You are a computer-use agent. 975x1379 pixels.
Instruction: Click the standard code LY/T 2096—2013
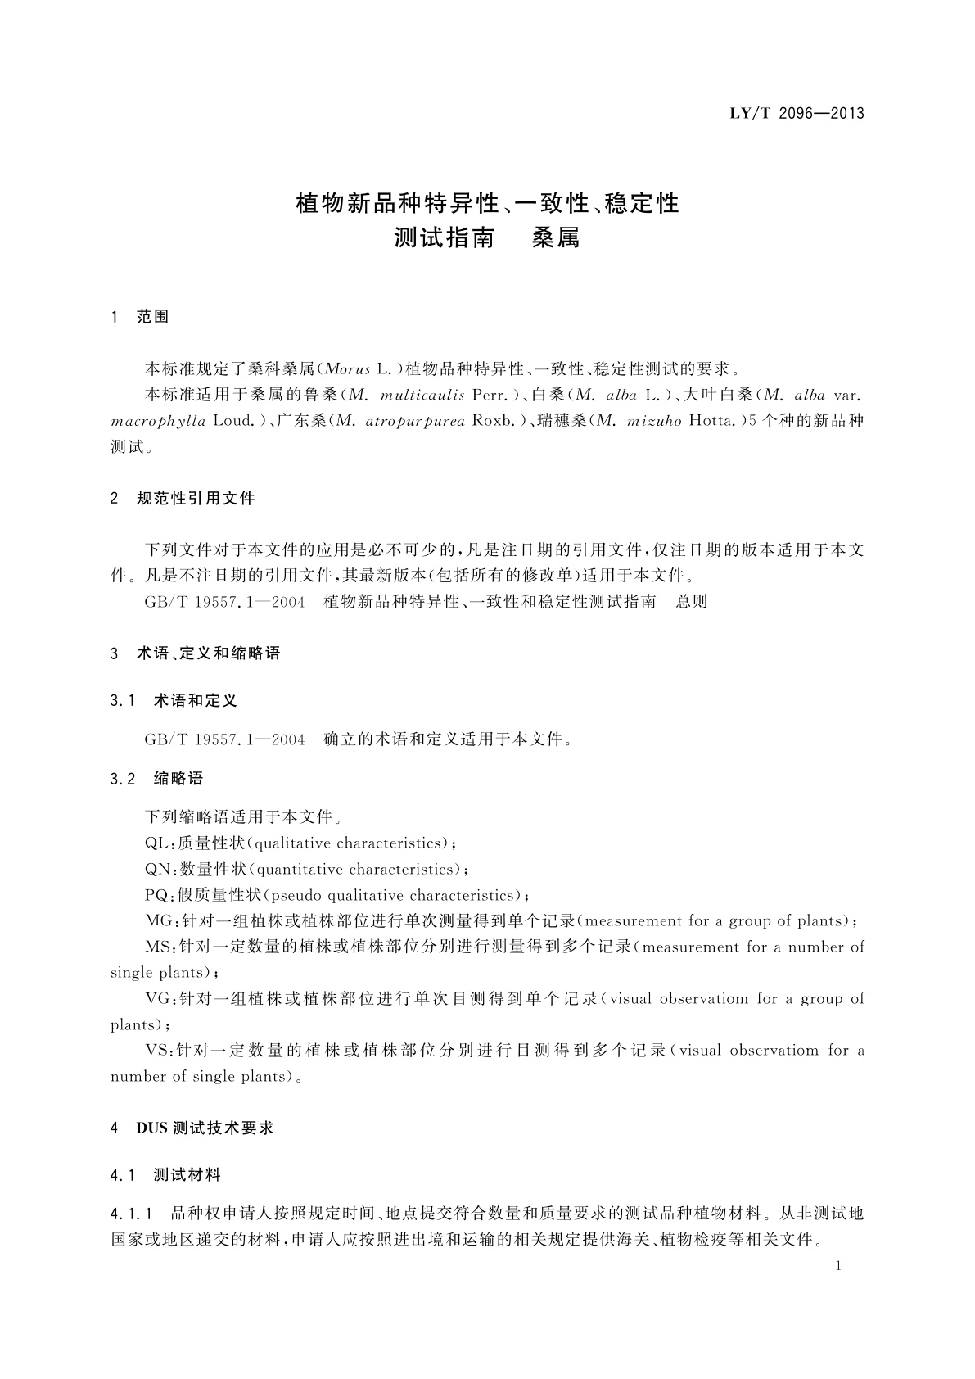[797, 113]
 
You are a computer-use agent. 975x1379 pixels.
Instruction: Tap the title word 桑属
[555, 239]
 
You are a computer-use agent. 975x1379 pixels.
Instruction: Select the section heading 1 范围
[140, 317]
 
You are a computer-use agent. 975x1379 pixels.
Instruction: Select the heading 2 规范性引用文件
[183, 498]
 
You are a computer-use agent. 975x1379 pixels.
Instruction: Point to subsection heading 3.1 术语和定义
[174, 700]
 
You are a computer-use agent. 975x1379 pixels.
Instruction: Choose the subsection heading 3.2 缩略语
[156, 778]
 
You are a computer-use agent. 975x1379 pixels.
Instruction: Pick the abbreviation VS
[156, 1051]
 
